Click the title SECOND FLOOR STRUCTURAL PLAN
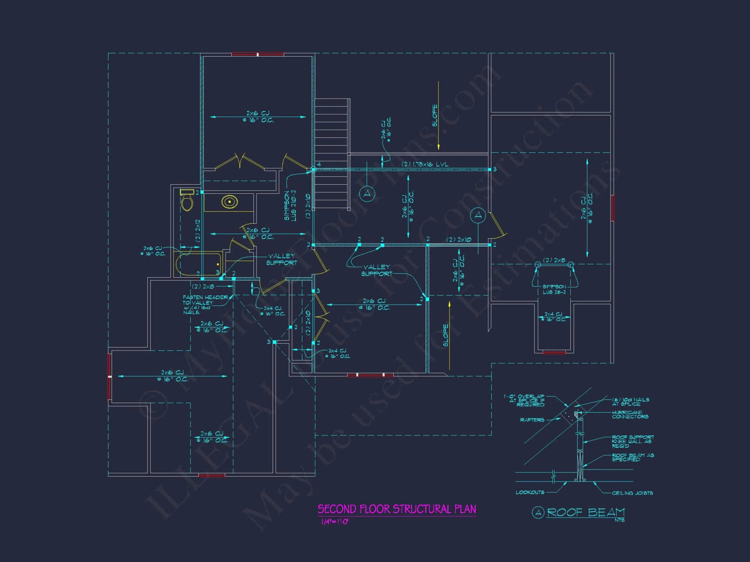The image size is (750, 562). [397, 509]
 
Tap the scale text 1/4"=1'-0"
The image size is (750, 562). [334, 522]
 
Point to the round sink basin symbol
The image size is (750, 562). [229, 202]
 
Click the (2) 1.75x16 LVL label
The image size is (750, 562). [425, 164]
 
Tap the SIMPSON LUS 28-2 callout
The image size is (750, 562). [554, 289]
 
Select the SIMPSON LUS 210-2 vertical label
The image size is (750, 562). [290, 205]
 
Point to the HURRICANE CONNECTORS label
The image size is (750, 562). [630, 414]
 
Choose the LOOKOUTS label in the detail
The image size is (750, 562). [530, 492]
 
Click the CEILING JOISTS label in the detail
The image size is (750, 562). [632, 493]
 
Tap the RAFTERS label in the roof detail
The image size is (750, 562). [532, 420]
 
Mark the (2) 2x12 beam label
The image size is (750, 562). [198, 230]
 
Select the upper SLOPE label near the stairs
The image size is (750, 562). [435, 115]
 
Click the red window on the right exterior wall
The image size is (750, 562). [612, 208]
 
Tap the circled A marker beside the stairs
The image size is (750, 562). [367, 194]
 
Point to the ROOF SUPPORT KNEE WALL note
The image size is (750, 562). [633, 441]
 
